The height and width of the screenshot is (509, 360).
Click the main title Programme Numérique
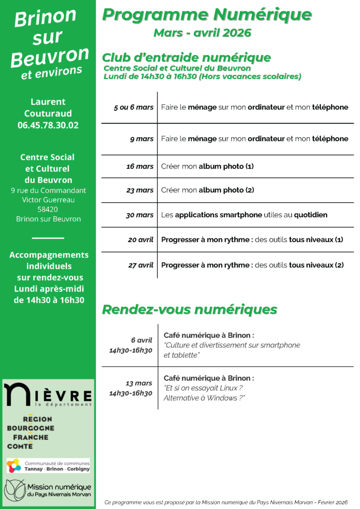click(207, 15)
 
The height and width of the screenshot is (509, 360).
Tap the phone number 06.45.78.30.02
click(48, 125)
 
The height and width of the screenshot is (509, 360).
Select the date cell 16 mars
click(140, 167)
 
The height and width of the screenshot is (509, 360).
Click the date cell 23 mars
click(140, 190)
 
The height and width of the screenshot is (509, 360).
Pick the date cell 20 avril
click(141, 240)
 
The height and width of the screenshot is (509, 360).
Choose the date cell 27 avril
click(141, 265)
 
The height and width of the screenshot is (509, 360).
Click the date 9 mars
click(142, 139)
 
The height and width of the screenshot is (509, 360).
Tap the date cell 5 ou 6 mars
click(134, 107)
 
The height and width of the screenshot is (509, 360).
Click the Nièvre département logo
click(48, 394)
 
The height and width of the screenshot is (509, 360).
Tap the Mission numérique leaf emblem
click(14, 490)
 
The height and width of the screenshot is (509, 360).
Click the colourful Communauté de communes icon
click(14, 466)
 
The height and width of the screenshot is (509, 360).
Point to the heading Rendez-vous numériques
click(189, 310)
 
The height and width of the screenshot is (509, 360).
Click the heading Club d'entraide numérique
click(186, 58)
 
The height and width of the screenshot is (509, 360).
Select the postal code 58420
click(48, 209)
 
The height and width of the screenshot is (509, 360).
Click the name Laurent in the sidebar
click(48, 102)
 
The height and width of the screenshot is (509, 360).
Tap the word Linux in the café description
click(230, 388)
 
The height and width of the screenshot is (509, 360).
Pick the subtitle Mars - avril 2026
click(202, 33)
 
